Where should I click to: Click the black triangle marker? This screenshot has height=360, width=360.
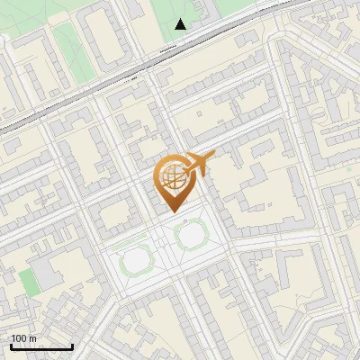tap(181, 24)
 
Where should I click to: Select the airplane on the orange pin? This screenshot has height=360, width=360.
tap(197, 164)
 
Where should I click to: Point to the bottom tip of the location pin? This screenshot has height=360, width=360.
tap(172, 212)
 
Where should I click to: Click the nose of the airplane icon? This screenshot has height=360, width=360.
tap(214, 155)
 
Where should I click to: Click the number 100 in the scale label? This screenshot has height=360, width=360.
tap(19, 338)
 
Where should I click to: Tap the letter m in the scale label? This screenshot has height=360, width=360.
tap(33, 338)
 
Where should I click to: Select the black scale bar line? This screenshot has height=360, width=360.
tap(40, 346)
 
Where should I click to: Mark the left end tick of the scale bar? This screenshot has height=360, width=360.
tap(11, 345)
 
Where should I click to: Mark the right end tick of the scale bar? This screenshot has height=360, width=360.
tap(72, 345)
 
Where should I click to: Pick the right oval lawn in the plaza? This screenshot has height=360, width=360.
tap(191, 237)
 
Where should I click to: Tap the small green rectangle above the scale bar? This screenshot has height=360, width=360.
tap(31, 281)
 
